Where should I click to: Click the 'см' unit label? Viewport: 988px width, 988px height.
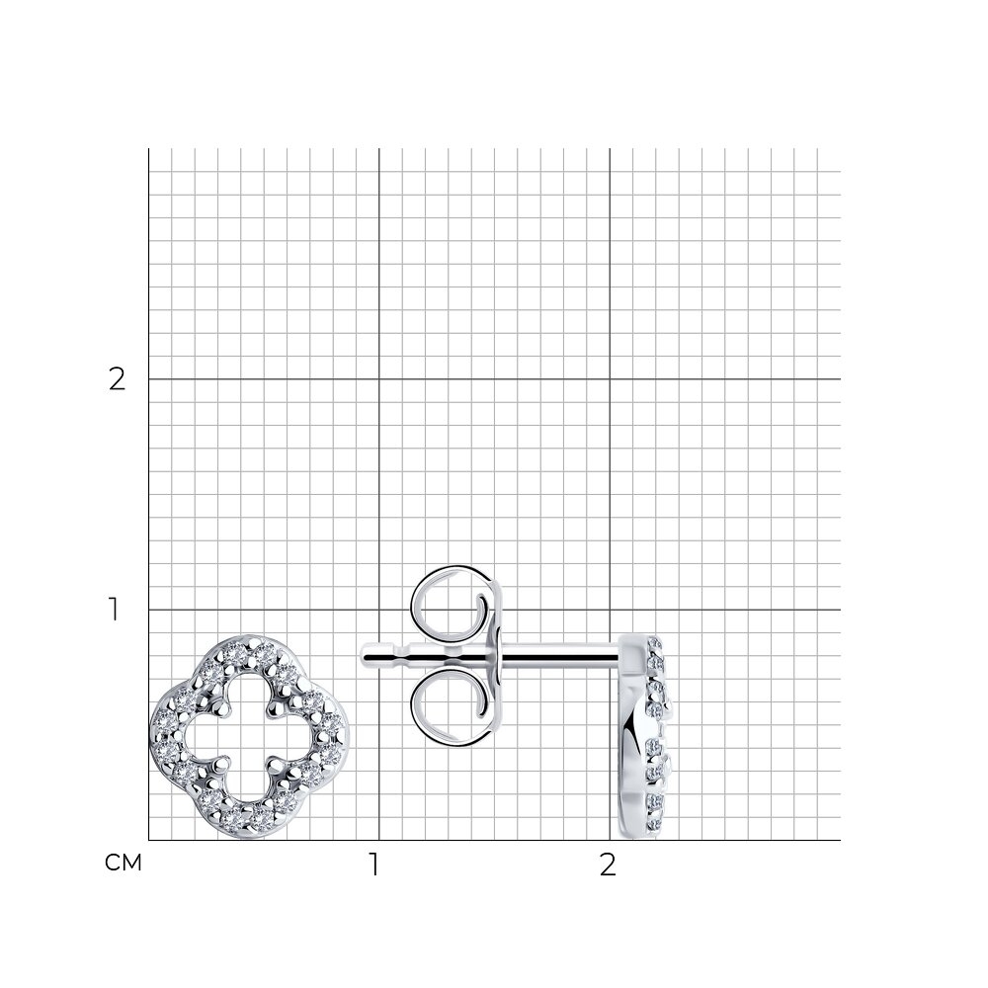(x=123, y=864)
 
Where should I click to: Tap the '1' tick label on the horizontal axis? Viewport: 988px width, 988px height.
(x=374, y=865)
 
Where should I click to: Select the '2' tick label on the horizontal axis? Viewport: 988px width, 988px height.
(x=607, y=865)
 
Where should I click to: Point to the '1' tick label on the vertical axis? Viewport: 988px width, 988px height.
(x=114, y=610)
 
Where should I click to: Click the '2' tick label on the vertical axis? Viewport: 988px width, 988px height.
(x=118, y=379)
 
